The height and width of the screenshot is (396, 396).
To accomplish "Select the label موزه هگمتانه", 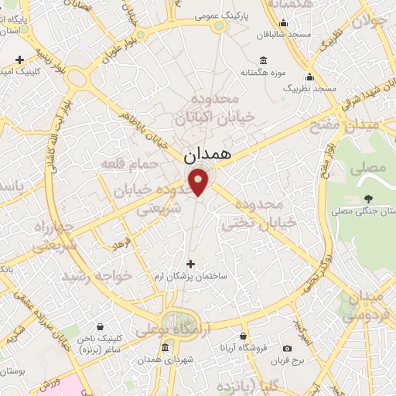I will coord(261,73).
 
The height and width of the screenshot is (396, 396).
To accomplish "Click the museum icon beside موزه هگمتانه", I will coord(264,60).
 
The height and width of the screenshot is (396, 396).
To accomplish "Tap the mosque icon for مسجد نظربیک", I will coord(310,77).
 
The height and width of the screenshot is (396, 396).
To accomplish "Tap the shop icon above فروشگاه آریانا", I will coord(243,336).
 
